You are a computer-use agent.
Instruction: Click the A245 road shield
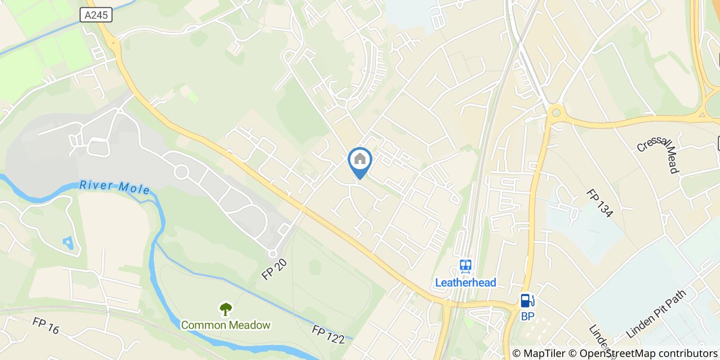point(96,15)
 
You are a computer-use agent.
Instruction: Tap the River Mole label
point(115,187)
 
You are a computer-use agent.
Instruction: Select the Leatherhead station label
point(465,282)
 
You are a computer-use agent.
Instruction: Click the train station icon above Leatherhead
point(465,266)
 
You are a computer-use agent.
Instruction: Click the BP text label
point(528,316)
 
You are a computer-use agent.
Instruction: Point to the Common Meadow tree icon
point(225,309)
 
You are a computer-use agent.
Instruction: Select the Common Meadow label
point(225,325)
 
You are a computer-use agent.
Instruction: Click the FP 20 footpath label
point(274,269)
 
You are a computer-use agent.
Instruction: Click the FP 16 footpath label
point(46,326)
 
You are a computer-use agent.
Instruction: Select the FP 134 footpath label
point(600,203)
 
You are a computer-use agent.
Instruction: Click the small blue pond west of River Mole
point(68,242)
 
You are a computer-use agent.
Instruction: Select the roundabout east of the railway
point(555,112)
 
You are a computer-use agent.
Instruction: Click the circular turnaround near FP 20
point(273,254)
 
